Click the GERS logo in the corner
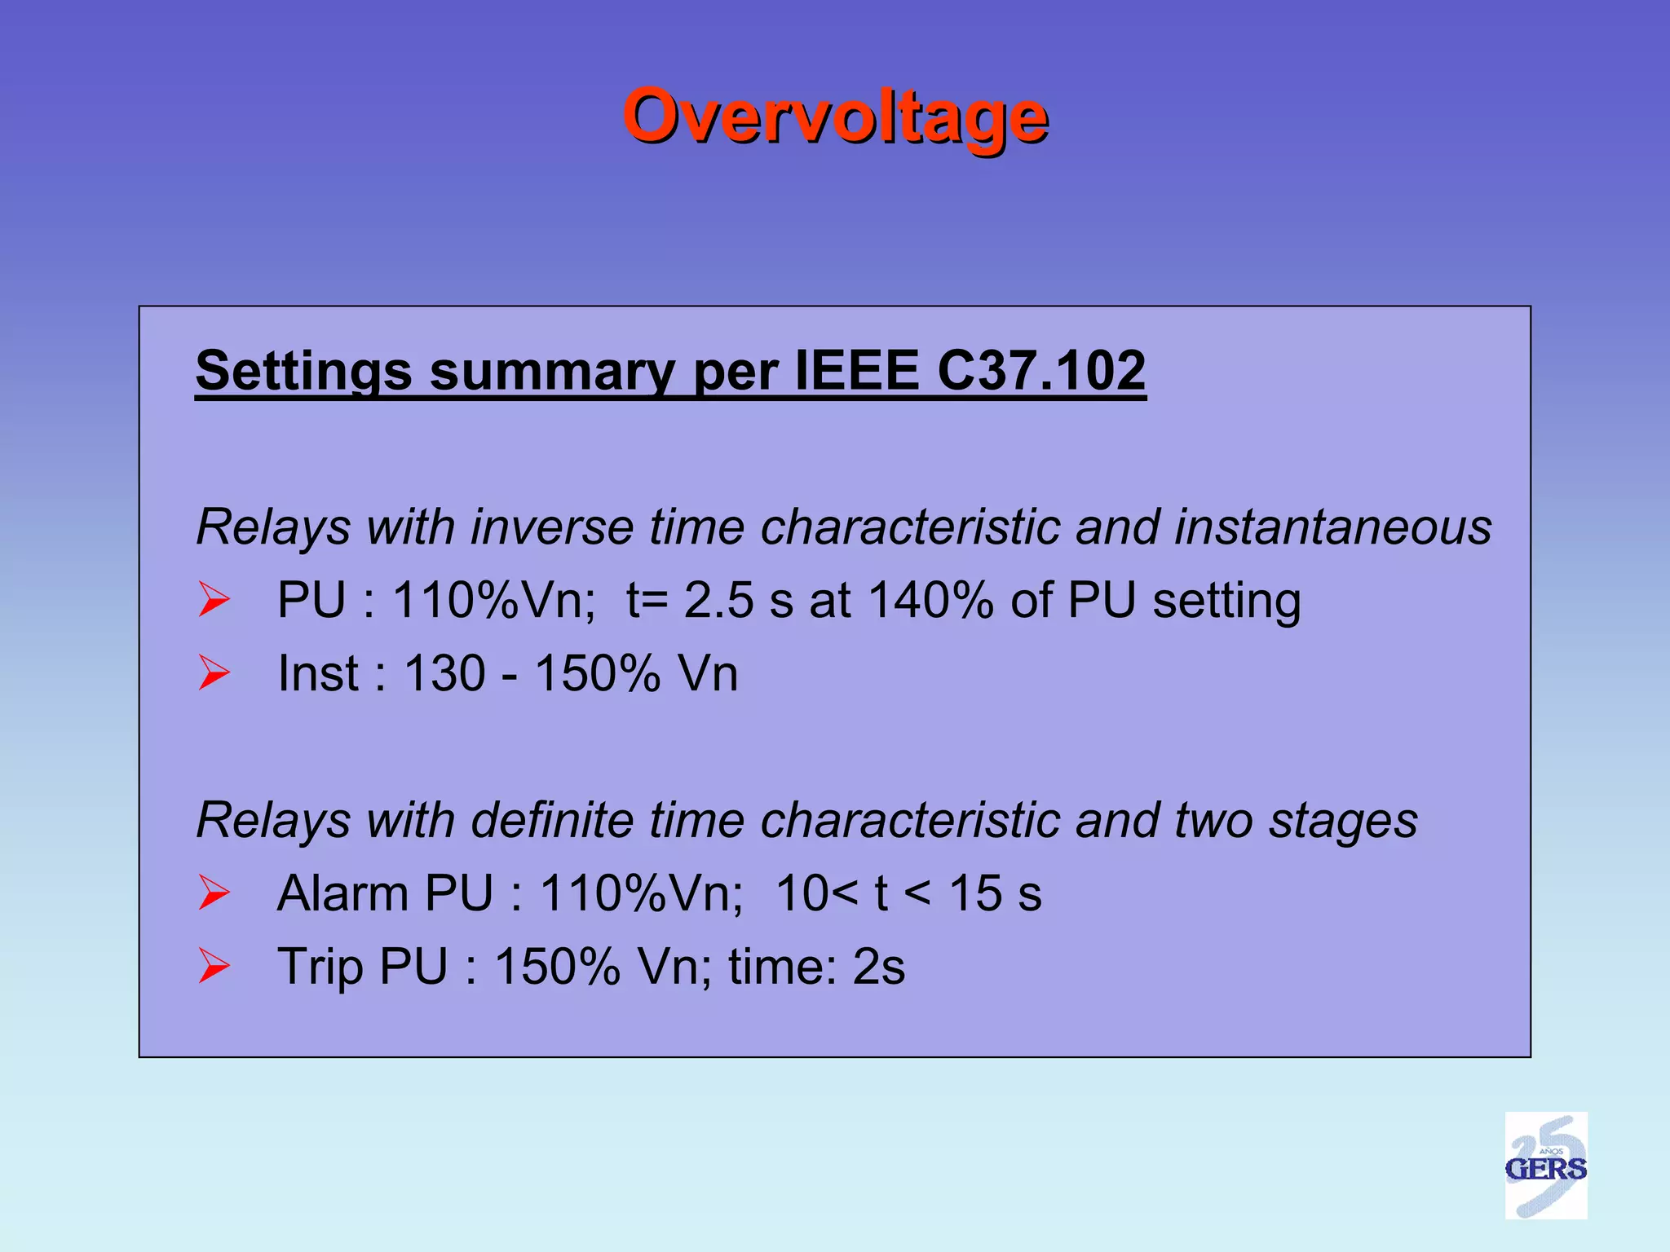pos(1545,1166)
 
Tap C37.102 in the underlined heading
pos(1041,371)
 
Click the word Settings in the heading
pos(303,371)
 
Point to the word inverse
pos(552,527)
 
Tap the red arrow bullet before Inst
pos(214,673)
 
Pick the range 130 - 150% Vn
pos(571,673)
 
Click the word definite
pos(552,820)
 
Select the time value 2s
pos(878,967)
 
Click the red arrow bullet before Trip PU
pos(214,967)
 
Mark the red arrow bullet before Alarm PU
pos(214,893)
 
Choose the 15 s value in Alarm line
pos(996,893)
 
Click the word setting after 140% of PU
pos(1226,602)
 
